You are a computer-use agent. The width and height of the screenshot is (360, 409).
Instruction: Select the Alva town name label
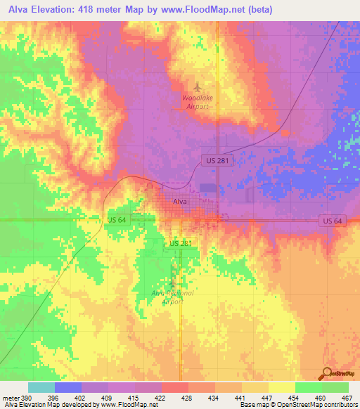coord(181,202)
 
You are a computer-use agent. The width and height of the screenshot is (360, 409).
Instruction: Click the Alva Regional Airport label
coord(172,297)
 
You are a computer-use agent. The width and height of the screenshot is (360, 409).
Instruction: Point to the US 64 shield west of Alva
coord(117,221)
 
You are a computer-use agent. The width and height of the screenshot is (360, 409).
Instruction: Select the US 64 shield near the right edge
coord(333,221)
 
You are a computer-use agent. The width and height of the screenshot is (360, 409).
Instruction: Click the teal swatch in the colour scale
coord(41,387)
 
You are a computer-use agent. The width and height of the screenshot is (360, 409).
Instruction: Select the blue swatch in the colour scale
coord(67,387)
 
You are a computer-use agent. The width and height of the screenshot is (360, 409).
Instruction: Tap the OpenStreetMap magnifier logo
coord(326,373)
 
